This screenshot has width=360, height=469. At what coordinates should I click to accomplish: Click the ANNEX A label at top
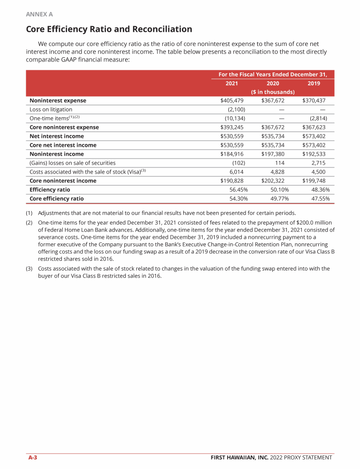pyautogui.click(x=39, y=14)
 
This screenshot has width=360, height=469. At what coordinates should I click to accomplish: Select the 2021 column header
pyautogui.click(x=232, y=83)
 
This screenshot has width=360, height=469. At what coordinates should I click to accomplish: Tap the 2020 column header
pyautogui.click(x=273, y=83)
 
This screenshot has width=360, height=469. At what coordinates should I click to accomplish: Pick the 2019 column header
pyautogui.click(x=314, y=83)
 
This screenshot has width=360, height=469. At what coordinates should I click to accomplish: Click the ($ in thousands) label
pyautogui.click(x=273, y=92)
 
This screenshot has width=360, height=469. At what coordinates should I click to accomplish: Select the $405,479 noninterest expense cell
pyautogui.click(x=232, y=100)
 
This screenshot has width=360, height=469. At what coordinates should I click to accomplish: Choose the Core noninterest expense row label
pyautogui.click(x=63, y=127)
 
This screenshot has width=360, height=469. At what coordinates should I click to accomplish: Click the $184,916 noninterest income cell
pyautogui.click(x=232, y=154)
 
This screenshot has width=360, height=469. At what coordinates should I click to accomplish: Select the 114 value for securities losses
pyautogui.click(x=279, y=163)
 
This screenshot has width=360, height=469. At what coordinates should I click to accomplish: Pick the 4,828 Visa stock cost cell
pyautogui.click(x=277, y=172)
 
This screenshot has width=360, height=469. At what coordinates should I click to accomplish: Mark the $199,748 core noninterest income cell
pyautogui.click(x=314, y=181)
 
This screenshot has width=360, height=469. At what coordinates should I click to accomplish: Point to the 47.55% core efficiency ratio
pyautogui.click(x=320, y=198)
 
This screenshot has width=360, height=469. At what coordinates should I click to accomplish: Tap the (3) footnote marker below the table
pyautogui.click(x=30, y=269)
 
